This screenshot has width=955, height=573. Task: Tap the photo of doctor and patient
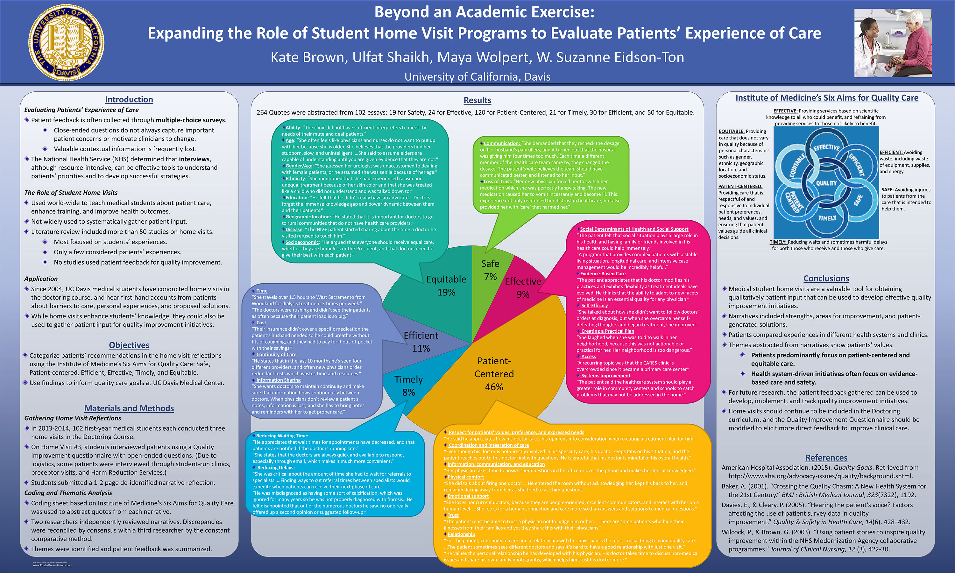click(893, 43)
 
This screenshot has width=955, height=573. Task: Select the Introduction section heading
click(129, 100)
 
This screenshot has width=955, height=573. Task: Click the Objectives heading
click(129, 345)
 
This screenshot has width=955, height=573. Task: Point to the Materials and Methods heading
click(129, 408)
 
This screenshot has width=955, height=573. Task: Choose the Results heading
click(477, 100)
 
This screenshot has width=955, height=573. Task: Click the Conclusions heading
click(826, 279)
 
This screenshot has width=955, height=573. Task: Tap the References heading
click(826, 457)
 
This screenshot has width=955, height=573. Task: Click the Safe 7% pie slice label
click(490, 270)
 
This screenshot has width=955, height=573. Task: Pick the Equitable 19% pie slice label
click(446, 286)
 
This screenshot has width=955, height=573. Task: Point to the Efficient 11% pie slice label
click(421, 342)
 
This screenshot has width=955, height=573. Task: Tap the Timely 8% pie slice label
click(408, 386)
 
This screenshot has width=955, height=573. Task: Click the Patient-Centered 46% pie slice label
click(494, 374)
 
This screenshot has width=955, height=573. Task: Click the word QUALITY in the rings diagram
click(826, 183)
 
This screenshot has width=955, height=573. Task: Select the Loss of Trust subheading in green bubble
click(498, 181)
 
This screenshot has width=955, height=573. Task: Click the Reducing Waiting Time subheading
click(282, 436)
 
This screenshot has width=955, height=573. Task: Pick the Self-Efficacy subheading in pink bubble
click(594, 305)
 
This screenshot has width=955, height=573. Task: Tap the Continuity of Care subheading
click(276, 354)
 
